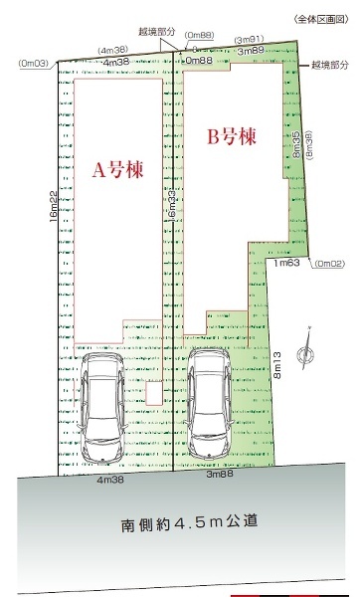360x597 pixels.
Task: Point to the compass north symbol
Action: [309, 355]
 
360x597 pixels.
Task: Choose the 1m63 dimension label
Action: [287, 263]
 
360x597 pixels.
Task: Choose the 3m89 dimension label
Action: [250, 50]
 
